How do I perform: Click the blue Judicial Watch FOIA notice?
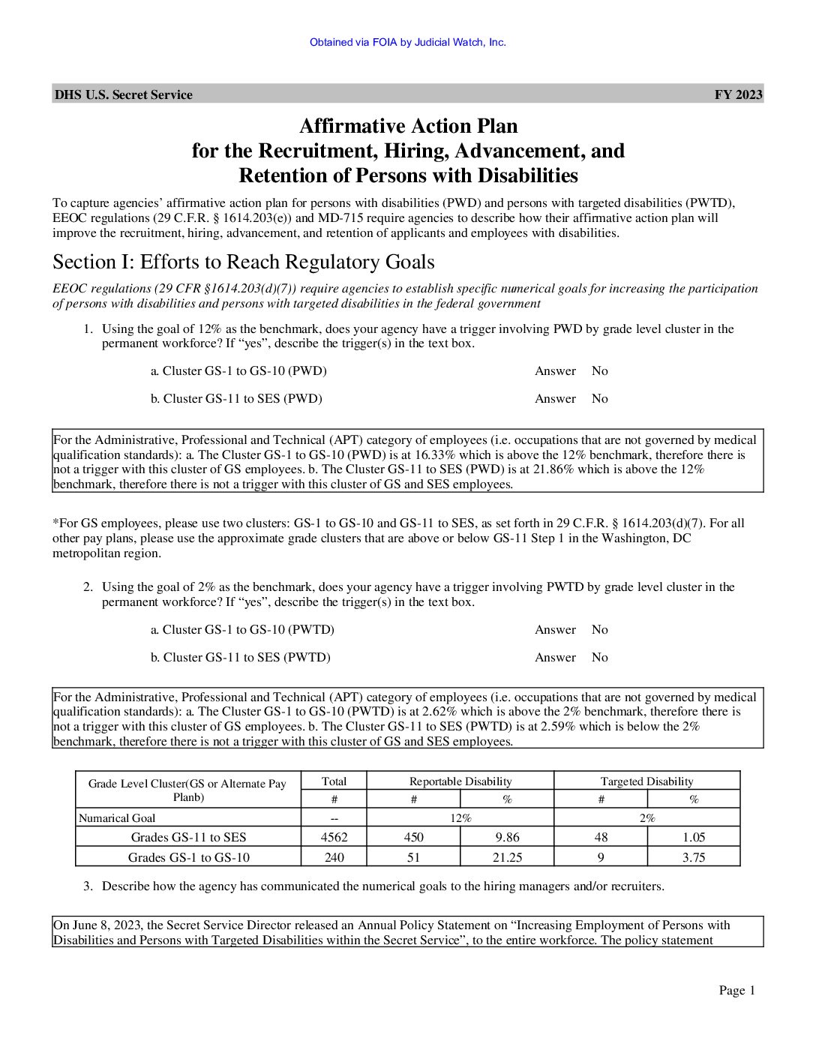[407, 42]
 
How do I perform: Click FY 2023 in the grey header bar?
[738, 94]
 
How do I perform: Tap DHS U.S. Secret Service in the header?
[123, 94]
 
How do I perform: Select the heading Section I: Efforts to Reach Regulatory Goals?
[243, 262]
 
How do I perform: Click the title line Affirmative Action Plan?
[408, 125]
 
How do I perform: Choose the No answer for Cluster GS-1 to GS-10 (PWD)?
[599, 370]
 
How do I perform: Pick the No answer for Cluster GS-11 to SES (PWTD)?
[599, 657]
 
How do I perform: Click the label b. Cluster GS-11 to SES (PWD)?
[235, 398]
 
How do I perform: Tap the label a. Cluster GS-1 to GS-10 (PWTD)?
[242, 629]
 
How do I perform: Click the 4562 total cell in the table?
[334, 837]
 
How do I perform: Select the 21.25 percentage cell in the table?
[507, 857]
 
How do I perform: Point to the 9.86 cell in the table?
[507, 837]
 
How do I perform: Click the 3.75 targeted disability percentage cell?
[693, 857]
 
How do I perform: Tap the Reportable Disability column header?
[460, 781]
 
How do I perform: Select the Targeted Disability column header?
[646, 781]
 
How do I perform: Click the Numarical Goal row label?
[117, 818]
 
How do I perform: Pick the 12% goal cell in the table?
[460, 818]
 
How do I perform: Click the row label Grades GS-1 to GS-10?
[188, 857]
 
